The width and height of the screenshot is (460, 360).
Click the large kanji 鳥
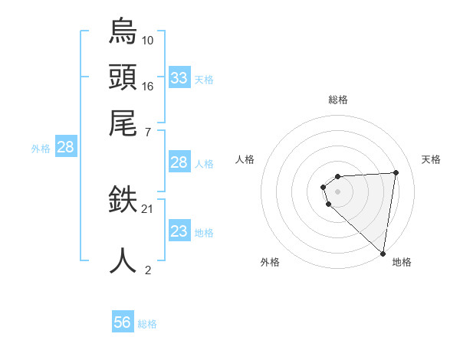point(123,31)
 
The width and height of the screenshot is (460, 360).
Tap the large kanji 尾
point(123,123)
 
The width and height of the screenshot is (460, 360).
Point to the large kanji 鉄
point(123,201)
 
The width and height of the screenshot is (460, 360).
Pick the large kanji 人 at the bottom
point(123,260)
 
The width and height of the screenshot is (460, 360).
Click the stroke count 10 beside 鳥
point(148,40)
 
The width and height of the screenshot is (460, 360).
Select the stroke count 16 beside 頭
point(148,86)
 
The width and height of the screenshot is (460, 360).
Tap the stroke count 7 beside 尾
point(148,132)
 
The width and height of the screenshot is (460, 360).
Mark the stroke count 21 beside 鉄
point(148,208)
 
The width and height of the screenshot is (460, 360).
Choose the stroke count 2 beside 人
point(148,270)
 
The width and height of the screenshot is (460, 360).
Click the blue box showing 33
point(179,78)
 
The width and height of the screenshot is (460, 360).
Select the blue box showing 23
point(179,231)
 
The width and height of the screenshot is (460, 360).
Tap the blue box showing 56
point(123,322)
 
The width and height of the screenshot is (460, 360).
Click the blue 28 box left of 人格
point(179,162)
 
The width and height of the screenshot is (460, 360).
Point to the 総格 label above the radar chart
point(338,100)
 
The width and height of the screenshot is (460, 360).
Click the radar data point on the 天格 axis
point(396,172)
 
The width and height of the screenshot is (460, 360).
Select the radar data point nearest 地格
point(383,254)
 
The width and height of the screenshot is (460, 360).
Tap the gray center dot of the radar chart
point(338,190)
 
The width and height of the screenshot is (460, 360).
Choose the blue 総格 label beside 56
point(147,324)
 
